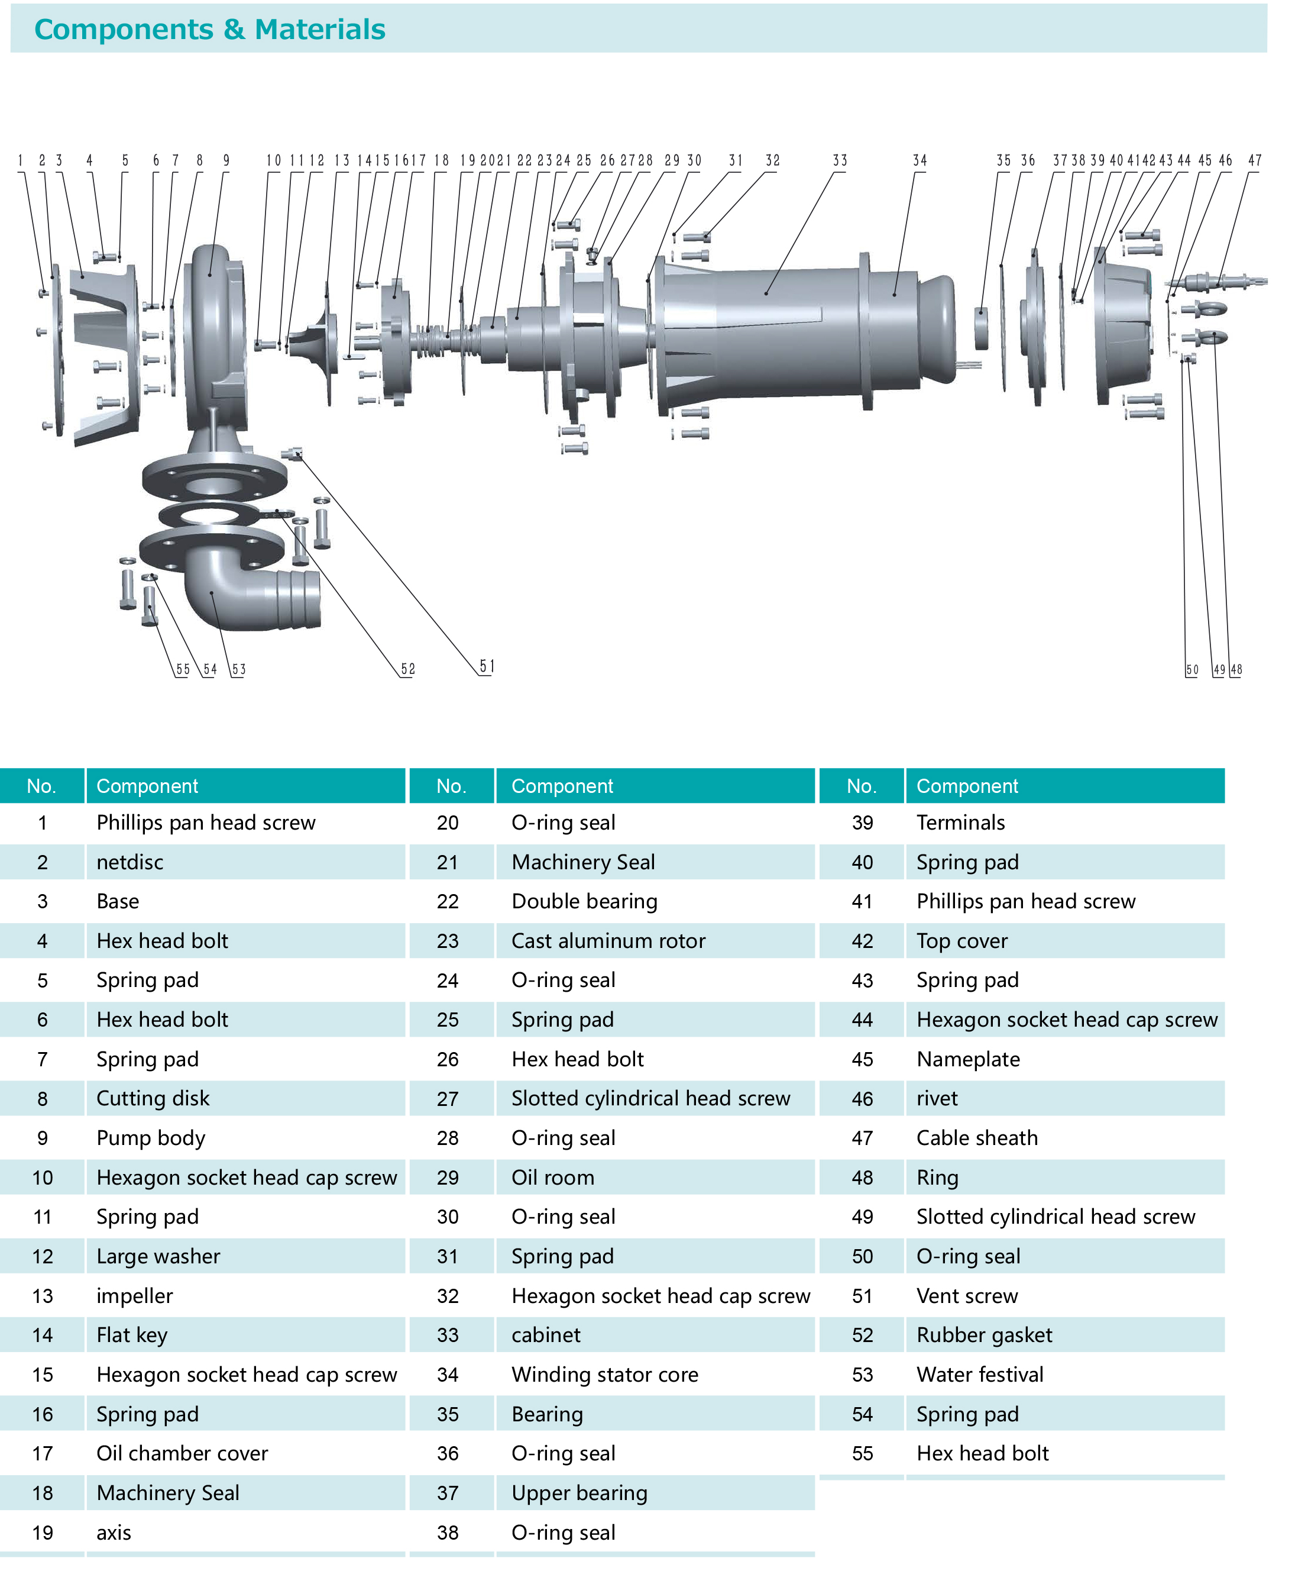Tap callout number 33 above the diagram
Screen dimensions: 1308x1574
(x=840, y=160)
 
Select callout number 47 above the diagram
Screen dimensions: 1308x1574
(x=1255, y=160)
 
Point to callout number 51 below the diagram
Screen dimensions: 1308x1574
(x=487, y=666)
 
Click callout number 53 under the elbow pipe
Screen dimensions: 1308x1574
(x=238, y=669)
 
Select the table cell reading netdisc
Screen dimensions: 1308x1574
(x=129, y=862)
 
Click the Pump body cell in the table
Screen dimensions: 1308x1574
(x=151, y=1138)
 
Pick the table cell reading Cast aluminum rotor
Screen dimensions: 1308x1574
(x=608, y=941)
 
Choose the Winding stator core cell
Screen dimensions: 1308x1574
(x=604, y=1375)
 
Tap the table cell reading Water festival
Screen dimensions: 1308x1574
(x=980, y=1375)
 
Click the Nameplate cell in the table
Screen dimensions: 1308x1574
(x=968, y=1059)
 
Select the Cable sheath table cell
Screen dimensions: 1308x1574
(x=977, y=1138)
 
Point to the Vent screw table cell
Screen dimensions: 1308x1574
(x=967, y=1296)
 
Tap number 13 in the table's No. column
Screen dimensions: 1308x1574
(x=43, y=1296)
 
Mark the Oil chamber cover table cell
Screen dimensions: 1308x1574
(x=182, y=1453)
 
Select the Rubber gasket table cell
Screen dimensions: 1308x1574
(x=985, y=1335)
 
